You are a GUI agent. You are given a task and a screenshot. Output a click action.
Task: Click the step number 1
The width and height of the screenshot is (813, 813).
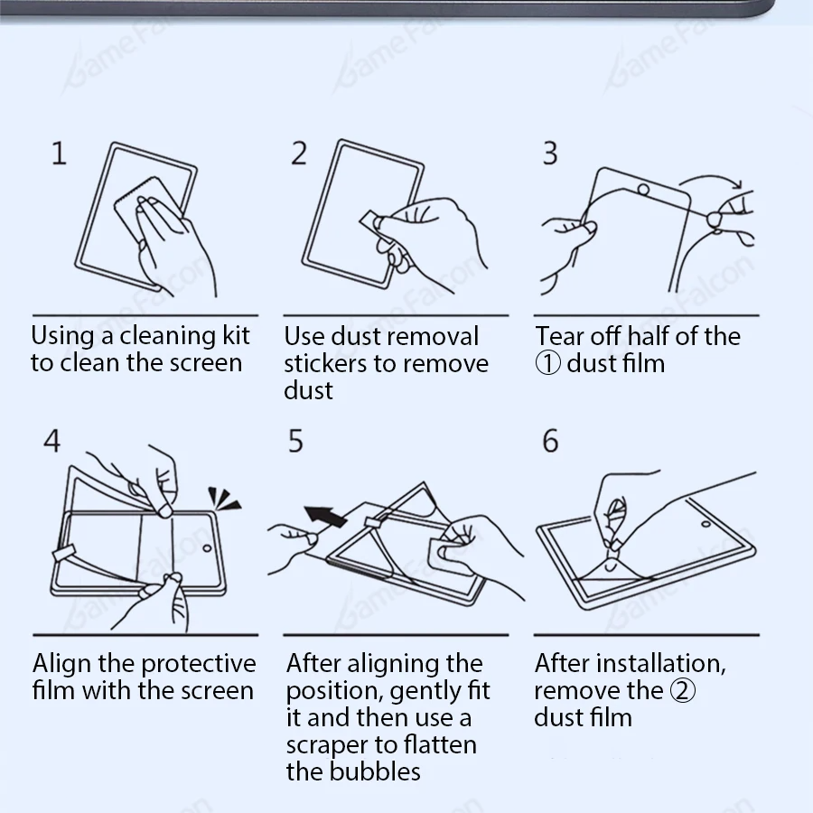[x=59, y=153]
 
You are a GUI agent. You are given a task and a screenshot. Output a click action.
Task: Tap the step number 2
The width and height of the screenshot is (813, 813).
[x=299, y=153]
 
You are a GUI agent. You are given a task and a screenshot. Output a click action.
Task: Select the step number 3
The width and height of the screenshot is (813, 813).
[x=550, y=153]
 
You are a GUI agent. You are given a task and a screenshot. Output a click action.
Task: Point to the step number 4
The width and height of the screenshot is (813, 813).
[x=51, y=441]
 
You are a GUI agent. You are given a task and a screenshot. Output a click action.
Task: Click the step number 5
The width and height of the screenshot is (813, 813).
[x=295, y=441]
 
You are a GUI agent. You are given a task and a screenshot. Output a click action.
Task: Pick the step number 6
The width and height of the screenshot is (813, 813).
[x=550, y=441]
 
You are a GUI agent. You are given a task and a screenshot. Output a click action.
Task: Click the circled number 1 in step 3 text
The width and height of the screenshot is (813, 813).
[x=547, y=363]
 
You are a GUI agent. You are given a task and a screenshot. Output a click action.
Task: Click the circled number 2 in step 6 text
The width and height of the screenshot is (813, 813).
[x=683, y=691]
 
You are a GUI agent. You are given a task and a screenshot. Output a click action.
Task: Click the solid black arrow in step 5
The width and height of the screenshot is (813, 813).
[x=325, y=517]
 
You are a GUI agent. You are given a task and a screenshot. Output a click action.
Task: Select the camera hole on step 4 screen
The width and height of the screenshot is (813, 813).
[x=207, y=548]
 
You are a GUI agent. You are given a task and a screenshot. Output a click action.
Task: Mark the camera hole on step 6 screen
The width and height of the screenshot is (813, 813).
[x=706, y=524]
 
